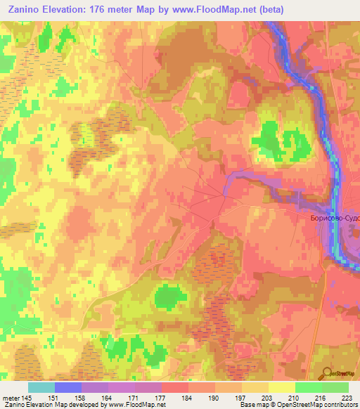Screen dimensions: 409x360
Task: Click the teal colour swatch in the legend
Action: [x=41, y=387]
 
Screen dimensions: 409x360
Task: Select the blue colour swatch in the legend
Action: [x=68, y=387]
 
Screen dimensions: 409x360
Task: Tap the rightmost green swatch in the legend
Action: [x=335, y=387]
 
